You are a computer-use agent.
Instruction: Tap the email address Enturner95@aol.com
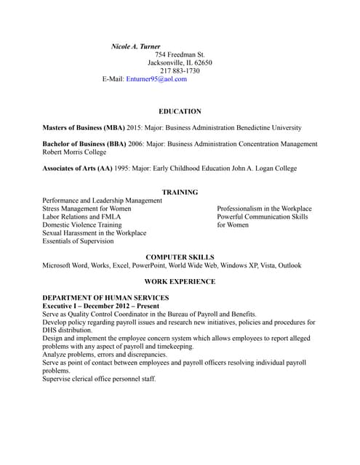(156, 79)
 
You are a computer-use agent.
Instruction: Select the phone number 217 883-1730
(180, 70)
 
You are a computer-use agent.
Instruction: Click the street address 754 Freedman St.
(180, 54)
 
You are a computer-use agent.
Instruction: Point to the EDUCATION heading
(180, 111)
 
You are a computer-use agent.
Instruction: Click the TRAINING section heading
(180, 192)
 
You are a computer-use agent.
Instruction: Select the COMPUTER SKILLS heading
(180, 257)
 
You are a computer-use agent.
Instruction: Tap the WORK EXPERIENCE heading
(180, 281)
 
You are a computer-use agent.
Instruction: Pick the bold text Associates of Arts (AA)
(77, 169)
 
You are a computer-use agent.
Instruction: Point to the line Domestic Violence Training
(82, 225)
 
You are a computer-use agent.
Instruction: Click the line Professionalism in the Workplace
(264, 209)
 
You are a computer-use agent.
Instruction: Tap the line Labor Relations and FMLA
(81, 217)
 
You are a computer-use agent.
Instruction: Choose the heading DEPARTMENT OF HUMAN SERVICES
(105, 298)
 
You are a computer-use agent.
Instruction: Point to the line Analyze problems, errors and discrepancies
(105, 355)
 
